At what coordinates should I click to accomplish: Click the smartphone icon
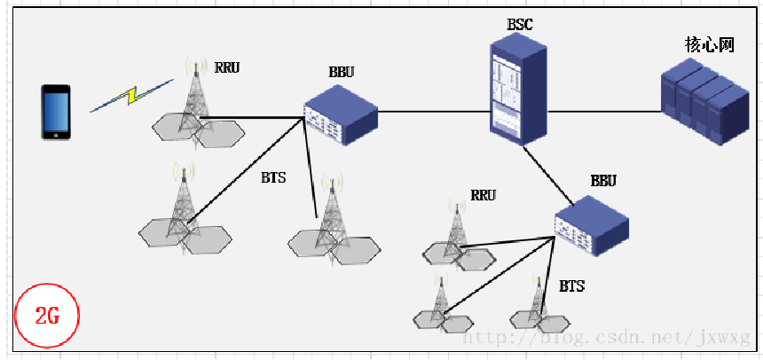pos(55,112)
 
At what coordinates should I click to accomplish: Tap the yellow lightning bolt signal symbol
pos(131,96)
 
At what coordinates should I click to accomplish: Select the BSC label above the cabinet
pos(520,25)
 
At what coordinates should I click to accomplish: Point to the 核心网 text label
pos(710,44)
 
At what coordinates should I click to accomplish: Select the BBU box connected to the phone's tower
pos(341,114)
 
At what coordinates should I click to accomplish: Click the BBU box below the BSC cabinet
pos(592,226)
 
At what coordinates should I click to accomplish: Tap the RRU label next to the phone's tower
pos(227,67)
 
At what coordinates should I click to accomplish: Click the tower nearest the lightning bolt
pos(193,102)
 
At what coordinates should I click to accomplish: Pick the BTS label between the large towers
pos(273,177)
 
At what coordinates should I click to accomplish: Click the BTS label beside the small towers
pos(572,286)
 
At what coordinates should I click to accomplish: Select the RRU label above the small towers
pos(483,195)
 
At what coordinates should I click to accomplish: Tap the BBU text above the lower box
pos(603,181)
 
